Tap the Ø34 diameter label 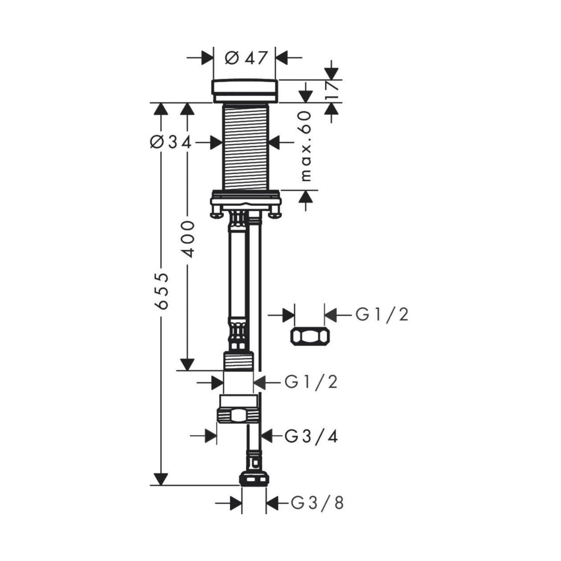(171, 143)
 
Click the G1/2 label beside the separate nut (382, 314)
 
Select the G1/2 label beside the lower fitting (310, 382)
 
